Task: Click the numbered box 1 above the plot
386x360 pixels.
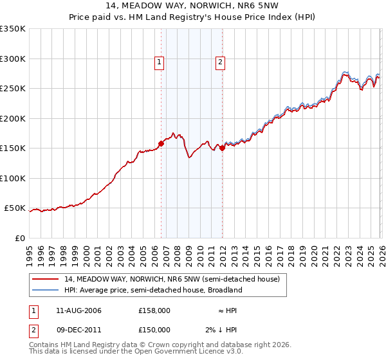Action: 160,62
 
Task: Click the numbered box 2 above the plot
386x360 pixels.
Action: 220,62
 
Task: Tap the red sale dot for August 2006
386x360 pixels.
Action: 161,143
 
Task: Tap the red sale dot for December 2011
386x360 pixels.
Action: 222,148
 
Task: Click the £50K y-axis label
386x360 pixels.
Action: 15,208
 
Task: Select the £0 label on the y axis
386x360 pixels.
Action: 20,239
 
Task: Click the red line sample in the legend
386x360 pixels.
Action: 46,280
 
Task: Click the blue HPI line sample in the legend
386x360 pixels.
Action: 46,291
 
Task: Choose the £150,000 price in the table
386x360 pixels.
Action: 154,330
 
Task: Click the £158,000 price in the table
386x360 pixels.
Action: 154,310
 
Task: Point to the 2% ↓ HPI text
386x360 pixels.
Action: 221,330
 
